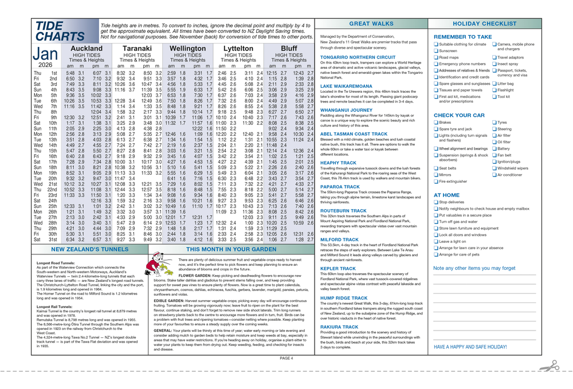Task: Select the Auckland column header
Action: (x=86, y=49)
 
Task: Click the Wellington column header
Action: (x=187, y=49)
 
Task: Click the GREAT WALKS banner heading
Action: (x=371, y=24)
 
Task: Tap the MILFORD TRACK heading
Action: (x=339, y=239)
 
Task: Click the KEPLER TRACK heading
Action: (x=337, y=269)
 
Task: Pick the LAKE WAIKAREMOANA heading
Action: (x=346, y=86)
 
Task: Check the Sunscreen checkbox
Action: (x=436, y=51)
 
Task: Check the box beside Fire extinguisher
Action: (x=436, y=182)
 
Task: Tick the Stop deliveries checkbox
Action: (x=436, y=202)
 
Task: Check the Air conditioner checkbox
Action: (x=494, y=175)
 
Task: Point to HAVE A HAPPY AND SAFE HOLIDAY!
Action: (x=470, y=347)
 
